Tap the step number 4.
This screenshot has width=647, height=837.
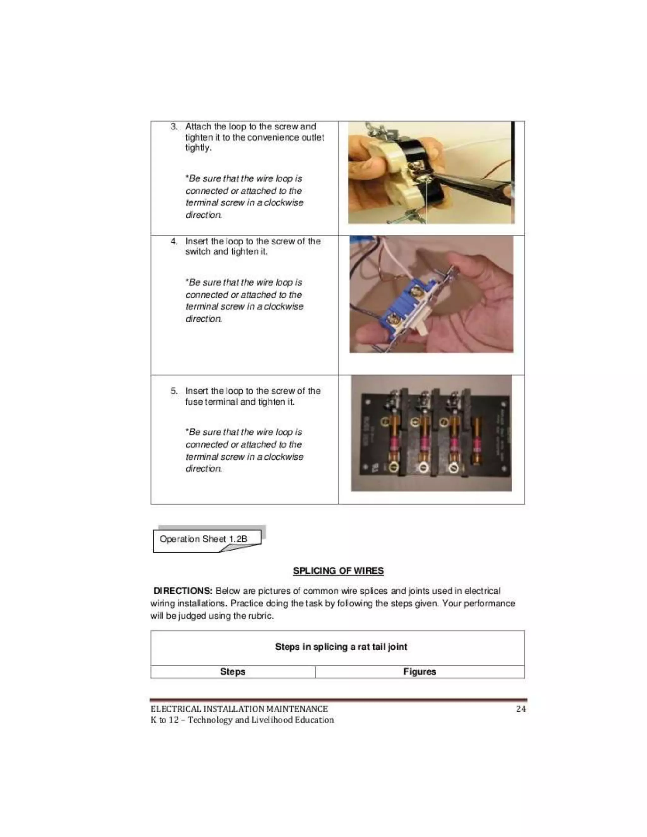174,241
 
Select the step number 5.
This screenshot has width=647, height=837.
174,391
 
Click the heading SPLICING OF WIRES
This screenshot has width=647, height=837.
338,571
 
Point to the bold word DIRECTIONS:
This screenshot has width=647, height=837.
183,591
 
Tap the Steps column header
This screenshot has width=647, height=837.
233,671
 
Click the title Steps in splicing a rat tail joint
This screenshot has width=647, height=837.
341,647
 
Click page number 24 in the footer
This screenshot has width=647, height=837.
521,709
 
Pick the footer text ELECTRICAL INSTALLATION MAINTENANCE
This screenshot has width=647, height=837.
239,709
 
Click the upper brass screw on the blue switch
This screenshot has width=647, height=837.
415,293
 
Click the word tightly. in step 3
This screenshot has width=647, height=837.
198,148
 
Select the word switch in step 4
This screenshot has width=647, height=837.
198,252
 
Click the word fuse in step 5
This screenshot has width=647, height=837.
194,402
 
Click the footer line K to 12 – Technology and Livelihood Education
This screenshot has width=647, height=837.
242,720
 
